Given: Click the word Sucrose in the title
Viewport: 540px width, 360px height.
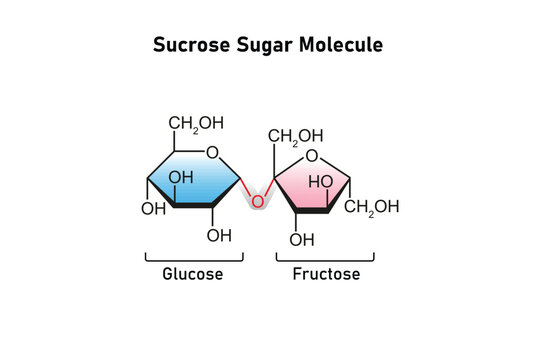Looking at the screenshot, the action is (x=191, y=45).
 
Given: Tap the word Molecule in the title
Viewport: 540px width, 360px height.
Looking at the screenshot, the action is (x=341, y=45).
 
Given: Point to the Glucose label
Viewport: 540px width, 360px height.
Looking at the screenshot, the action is (x=193, y=274).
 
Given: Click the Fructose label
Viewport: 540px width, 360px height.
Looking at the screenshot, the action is (x=326, y=274).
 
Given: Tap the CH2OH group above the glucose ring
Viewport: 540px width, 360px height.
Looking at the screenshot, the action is (x=196, y=124).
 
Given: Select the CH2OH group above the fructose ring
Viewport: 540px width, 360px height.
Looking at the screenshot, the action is (x=295, y=137).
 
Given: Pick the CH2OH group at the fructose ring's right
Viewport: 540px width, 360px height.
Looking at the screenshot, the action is (x=372, y=207).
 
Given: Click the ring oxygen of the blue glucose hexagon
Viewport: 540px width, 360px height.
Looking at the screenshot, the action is (x=212, y=152).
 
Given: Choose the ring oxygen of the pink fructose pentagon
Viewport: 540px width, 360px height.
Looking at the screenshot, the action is (x=312, y=156).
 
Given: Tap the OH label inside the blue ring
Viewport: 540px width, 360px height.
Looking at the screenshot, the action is (x=181, y=178).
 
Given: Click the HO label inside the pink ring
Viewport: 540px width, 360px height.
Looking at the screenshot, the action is (x=321, y=182).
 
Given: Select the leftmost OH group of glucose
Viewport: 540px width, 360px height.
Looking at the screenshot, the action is (x=154, y=209).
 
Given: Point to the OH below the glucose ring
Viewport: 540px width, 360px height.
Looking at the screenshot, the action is (x=219, y=236).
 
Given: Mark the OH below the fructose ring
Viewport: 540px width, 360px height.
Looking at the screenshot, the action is (x=302, y=240).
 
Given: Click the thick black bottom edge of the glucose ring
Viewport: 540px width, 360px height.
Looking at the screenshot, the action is (x=193, y=205).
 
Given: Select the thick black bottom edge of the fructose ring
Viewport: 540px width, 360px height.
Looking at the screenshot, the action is (x=312, y=211).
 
